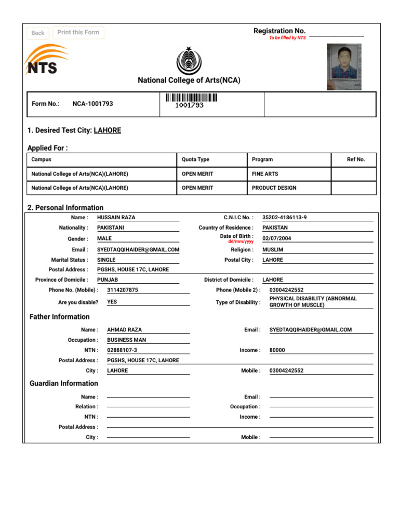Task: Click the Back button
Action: (x=38, y=33)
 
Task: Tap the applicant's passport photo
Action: (x=344, y=66)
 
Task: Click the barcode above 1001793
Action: (x=191, y=97)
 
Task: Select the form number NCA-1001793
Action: (x=92, y=104)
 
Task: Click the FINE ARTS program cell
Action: (x=264, y=174)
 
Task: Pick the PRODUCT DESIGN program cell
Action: (x=274, y=188)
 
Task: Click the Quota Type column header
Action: (x=196, y=159)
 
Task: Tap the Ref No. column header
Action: (x=356, y=159)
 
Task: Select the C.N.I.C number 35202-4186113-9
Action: (x=285, y=218)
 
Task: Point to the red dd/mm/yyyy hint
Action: (x=241, y=242)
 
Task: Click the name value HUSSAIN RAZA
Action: (x=116, y=218)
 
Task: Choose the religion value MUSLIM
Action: (x=273, y=249)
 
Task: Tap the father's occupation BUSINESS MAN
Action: (x=127, y=340)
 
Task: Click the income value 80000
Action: (x=277, y=350)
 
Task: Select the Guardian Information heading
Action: (x=64, y=383)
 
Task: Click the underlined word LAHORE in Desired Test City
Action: (x=108, y=130)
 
